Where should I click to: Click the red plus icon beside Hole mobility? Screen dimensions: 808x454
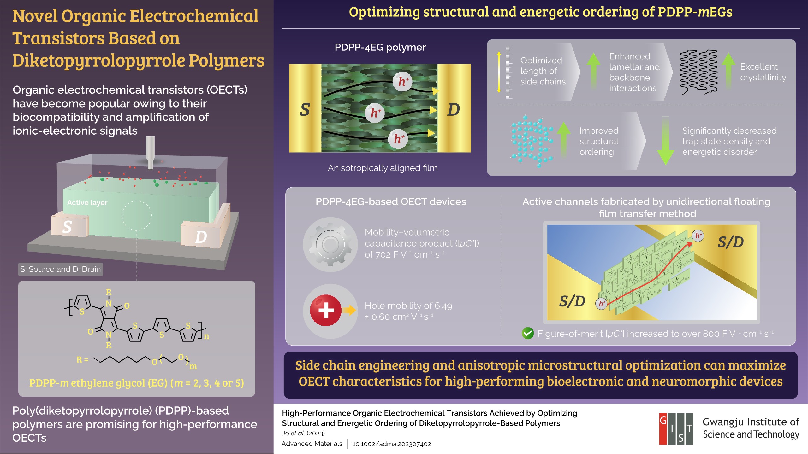(x=326, y=310)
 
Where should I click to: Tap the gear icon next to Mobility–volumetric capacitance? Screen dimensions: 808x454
(x=330, y=244)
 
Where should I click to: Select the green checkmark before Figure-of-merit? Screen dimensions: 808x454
(x=528, y=333)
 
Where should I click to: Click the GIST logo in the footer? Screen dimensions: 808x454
(x=676, y=429)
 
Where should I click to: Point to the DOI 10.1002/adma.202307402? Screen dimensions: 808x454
(x=392, y=444)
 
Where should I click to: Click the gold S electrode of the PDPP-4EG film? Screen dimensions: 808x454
(x=305, y=108)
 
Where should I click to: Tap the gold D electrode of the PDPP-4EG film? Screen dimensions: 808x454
(x=454, y=108)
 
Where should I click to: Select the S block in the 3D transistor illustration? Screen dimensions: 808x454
(x=69, y=225)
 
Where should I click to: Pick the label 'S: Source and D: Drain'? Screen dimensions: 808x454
(x=61, y=269)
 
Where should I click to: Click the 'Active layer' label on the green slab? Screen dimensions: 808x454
(x=87, y=202)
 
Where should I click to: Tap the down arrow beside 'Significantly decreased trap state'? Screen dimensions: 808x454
(x=665, y=141)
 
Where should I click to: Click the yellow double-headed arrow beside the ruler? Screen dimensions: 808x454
(x=499, y=72)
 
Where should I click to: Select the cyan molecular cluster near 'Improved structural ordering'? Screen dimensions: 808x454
(x=532, y=141)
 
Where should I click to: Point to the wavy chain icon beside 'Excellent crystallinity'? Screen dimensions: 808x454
(x=698, y=72)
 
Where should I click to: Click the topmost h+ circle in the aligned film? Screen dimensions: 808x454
(x=402, y=82)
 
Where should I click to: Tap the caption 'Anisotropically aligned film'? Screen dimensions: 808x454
(x=383, y=168)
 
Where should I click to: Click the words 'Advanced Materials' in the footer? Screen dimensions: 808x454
(x=312, y=444)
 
